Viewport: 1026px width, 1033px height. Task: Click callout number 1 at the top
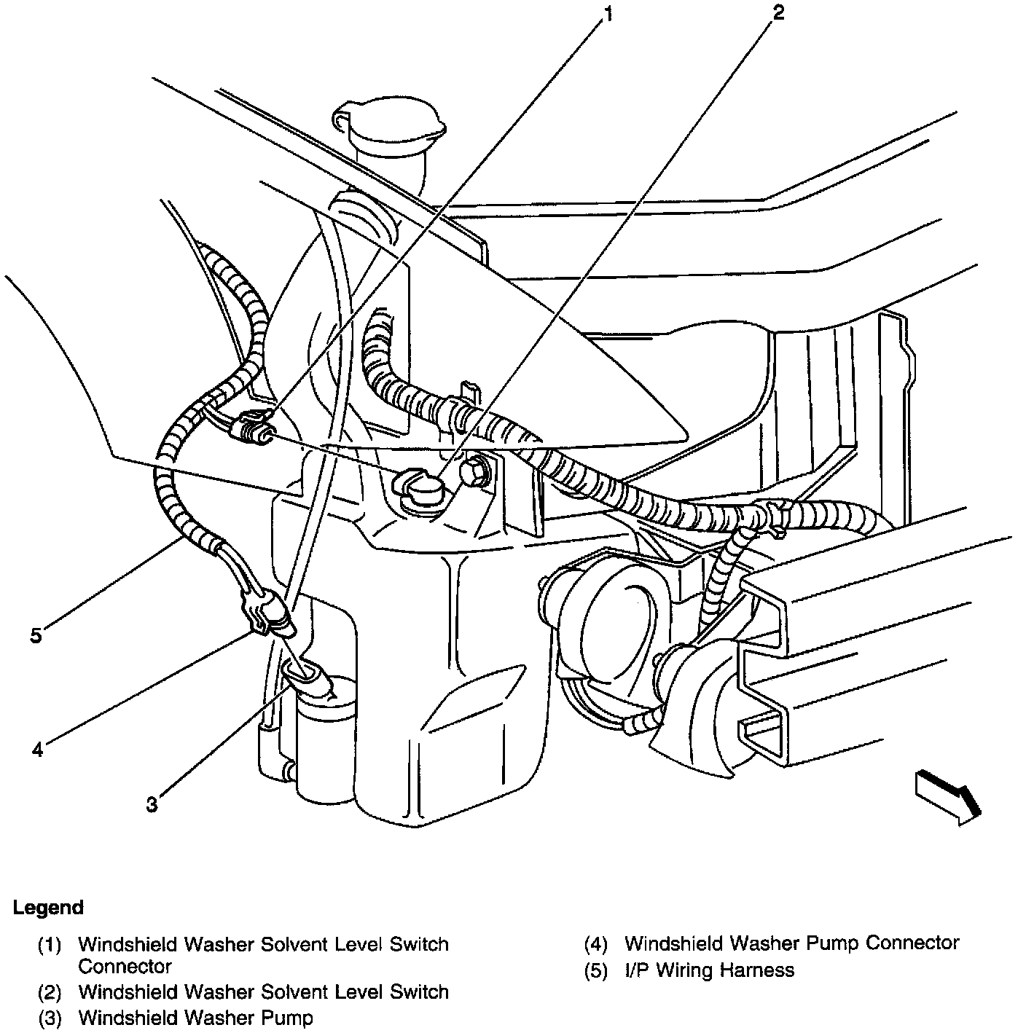click(x=607, y=14)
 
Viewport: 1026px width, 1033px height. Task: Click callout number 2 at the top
click(x=779, y=12)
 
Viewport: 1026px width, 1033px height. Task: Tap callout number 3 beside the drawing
click(x=152, y=804)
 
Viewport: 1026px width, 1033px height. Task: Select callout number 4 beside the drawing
click(x=37, y=748)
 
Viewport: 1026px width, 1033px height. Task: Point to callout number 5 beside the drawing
click(x=36, y=635)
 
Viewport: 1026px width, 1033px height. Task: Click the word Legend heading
click(x=48, y=908)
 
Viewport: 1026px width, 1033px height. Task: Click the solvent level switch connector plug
click(x=249, y=428)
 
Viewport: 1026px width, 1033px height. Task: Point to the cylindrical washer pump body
click(x=325, y=736)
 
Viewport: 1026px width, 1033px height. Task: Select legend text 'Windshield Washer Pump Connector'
click(x=791, y=943)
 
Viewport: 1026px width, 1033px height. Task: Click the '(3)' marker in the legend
click(x=50, y=1018)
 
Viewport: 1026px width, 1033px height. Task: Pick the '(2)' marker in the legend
click(x=50, y=992)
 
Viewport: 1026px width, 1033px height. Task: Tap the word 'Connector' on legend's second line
click(x=125, y=967)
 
